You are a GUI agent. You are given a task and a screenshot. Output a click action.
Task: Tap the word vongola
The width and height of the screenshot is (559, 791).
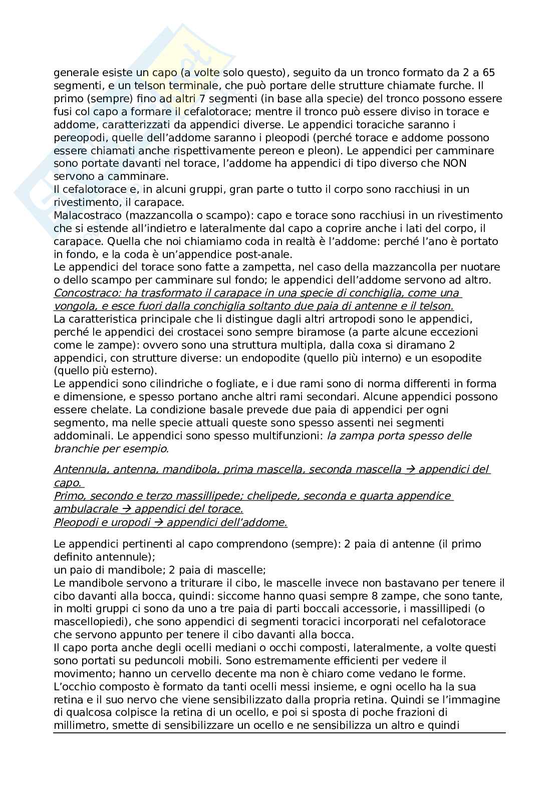coord(71,306)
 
